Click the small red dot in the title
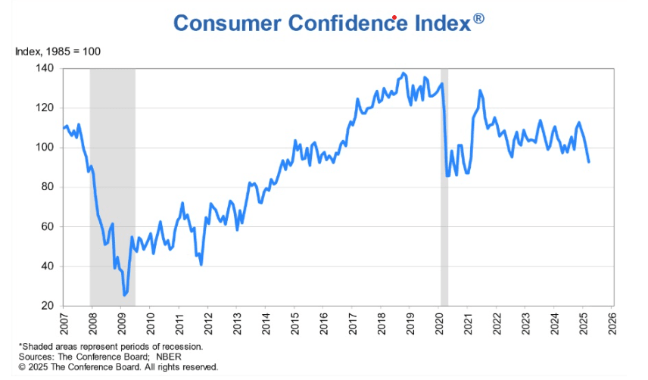coord(395,17)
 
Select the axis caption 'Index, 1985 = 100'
coord(58,51)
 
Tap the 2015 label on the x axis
coord(294,322)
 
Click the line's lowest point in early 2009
coord(124,295)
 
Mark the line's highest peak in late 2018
coord(403,73)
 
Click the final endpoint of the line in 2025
coord(589,161)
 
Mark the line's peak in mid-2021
coord(480,91)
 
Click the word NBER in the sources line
coord(147,356)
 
